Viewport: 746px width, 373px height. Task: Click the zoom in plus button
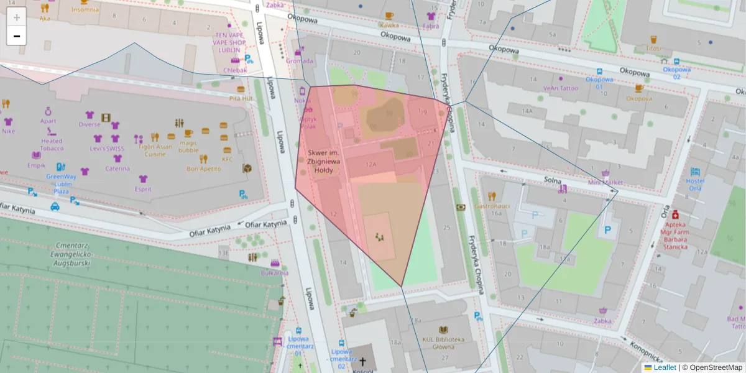click(17, 17)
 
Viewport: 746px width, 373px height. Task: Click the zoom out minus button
click(17, 36)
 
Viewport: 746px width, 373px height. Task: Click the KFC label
click(228, 159)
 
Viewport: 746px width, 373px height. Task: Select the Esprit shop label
click(143, 189)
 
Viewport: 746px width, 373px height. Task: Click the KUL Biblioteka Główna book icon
click(443, 330)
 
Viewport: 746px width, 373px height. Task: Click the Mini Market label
click(605, 182)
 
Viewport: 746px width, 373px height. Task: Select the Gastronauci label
click(492, 205)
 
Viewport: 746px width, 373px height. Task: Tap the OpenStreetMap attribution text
click(716, 367)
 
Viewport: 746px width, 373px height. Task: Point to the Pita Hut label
click(241, 98)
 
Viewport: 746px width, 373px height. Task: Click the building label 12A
click(372, 165)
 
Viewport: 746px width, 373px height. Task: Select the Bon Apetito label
click(204, 168)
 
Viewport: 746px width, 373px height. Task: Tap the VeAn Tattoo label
click(561, 88)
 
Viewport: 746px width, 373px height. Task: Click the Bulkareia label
click(275, 272)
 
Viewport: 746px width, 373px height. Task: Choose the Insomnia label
click(85, 10)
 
